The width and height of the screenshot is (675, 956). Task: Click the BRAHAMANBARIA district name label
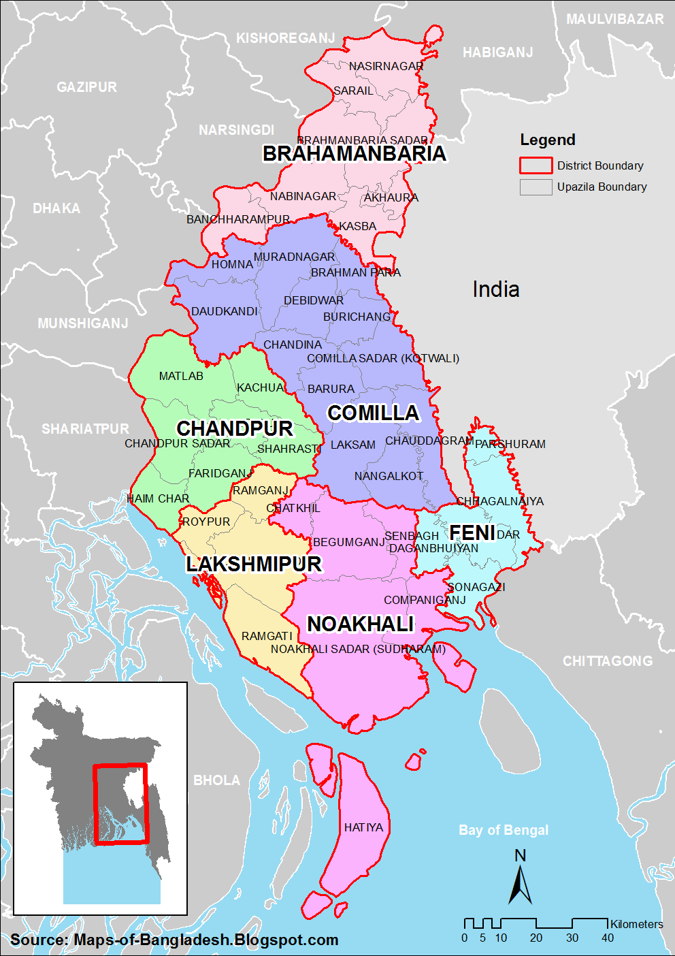pyautogui.click(x=354, y=154)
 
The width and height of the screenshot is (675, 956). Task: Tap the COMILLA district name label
pyautogui.click(x=373, y=413)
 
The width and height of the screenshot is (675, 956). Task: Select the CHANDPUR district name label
pyautogui.click(x=235, y=428)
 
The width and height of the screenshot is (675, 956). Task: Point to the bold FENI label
pyautogui.click(x=472, y=532)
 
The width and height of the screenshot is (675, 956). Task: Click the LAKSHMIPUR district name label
pyautogui.click(x=254, y=564)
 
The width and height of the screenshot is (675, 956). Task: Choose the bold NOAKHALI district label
pyautogui.click(x=361, y=624)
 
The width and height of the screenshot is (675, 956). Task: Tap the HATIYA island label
pyautogui.click(x=363, y=827)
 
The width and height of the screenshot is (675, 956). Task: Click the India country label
pyautogui.click(x=496, y=289)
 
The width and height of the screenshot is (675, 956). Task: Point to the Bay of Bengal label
pyautogui.click(x=504, y=830)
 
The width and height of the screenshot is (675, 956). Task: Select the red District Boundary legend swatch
pyautogui.click(x=536, y=165)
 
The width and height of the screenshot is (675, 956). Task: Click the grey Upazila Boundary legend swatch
pyautogui.click(x=536, y=187)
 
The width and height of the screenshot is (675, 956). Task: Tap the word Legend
pyautogui.click(x=548, y=140)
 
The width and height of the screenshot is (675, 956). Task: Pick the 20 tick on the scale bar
pyautogui.click(x=536, y=938)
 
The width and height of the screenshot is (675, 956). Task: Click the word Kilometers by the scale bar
pyautogui.click(x=636, y=924)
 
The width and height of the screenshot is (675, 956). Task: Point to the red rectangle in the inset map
pyautogui.click(x=120, y=803)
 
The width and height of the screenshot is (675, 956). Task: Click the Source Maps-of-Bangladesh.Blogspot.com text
pyautogui.click(x=174, y=940)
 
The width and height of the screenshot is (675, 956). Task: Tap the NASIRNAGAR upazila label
pyautogui.click(x=386, y=66)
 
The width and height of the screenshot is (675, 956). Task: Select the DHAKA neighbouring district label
pyautogui.click(x=56, y=208)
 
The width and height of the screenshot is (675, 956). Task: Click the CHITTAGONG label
pyautogui.click(x=607, y=661)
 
